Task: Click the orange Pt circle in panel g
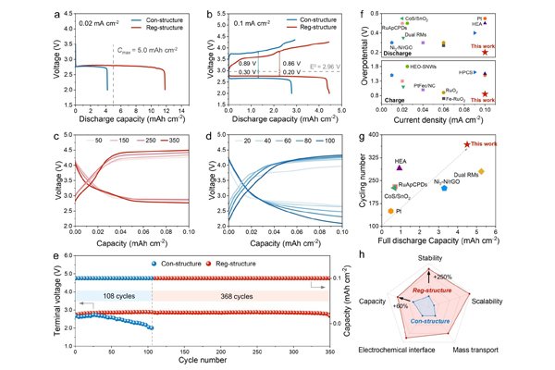click(391, 211)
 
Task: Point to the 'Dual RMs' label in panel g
click(465, 174)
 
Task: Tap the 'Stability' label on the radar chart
click(429, 257)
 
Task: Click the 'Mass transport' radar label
click(478, 351)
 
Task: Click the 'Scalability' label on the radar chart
click(487, 302)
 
